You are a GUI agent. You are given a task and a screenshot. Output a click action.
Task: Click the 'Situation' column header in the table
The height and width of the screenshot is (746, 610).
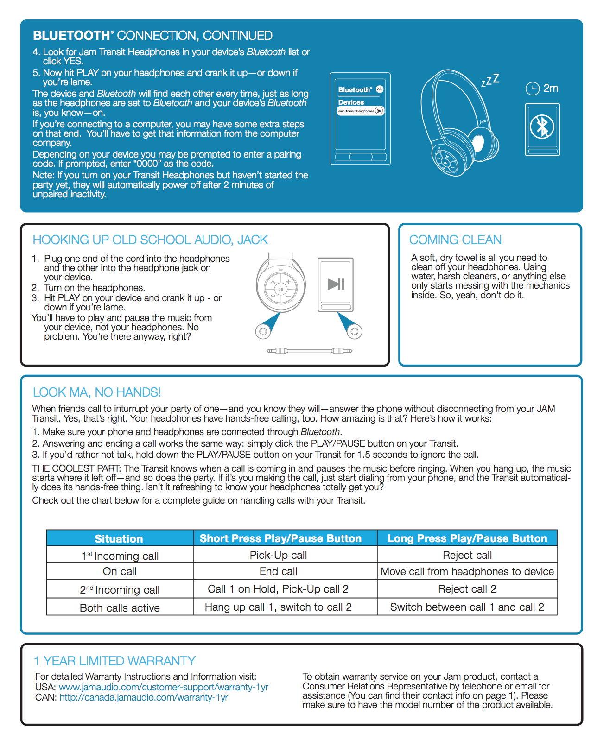tap(119, 539)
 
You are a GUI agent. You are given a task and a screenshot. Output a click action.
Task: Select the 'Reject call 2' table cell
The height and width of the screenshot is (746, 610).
tap(467, 589)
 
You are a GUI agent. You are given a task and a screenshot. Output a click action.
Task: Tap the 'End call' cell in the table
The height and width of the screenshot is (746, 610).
tap(279, 572)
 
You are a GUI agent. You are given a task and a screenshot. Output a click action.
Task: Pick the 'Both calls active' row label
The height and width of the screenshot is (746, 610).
tap(120, 608)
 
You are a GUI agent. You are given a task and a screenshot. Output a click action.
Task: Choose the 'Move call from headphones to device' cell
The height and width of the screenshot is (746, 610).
tap(467, 572)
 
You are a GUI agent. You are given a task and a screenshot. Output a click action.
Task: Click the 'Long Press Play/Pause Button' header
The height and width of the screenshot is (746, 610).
tap(467, 538)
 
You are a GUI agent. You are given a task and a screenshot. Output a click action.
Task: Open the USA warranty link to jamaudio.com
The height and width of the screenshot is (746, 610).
tap(164, 687)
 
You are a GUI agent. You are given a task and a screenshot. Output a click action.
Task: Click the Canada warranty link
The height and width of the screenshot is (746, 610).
tap(144, 697)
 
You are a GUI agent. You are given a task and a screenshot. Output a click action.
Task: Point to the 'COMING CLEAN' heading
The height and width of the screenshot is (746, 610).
tap(455, 240)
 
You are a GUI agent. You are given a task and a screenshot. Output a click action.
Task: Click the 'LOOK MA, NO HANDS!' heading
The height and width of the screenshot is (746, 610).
tap(96, 392)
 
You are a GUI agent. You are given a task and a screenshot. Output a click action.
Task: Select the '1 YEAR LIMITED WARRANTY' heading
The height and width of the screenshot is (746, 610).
tap(114, 661)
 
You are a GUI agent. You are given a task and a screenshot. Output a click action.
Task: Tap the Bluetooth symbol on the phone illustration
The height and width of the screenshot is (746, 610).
tap(542, 126)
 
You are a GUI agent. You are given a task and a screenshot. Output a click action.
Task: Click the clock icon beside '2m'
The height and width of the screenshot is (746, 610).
tap(533, 88)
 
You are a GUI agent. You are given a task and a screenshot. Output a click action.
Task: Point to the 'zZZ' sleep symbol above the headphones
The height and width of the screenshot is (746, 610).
tap(490, 80)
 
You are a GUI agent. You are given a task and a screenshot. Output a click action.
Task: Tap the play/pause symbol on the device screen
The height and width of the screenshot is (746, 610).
tap(336, 284)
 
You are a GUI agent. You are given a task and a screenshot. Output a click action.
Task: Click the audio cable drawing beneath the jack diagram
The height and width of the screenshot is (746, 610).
tap(310, 351)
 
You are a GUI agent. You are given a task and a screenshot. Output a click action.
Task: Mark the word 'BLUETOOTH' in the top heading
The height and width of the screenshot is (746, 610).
tap(71, 36)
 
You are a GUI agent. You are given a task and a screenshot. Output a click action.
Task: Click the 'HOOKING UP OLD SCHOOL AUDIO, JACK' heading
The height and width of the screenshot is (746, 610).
tap(150, 240)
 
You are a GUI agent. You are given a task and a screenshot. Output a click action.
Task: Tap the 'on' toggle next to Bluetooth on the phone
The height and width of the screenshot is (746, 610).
tap(380, 89)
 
